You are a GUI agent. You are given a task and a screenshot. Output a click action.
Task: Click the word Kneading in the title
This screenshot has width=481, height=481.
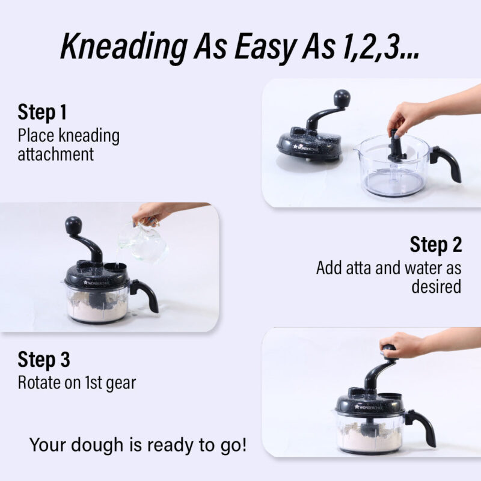tap(124, 46)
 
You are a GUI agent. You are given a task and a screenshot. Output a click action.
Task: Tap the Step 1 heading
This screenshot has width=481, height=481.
tap(42, 112)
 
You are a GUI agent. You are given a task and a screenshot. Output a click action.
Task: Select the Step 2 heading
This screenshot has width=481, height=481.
tap(435, 245)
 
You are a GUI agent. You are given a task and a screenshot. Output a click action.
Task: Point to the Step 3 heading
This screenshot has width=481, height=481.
tap(43, 359)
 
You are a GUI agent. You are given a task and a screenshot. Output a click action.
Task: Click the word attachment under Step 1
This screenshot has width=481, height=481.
tap(55, 155)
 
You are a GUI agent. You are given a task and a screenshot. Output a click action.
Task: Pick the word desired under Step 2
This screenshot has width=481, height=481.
tap(437, 287)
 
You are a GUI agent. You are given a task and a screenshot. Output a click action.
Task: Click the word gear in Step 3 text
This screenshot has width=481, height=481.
tap(121, 384)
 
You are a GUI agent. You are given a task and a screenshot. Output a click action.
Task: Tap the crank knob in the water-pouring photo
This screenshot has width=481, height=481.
tap(73, 225)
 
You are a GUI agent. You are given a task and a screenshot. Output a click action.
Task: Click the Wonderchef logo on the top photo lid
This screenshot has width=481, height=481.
tap(306, 148)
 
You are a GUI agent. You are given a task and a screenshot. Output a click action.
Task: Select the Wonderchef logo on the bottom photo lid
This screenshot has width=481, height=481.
tap(369, 408)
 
